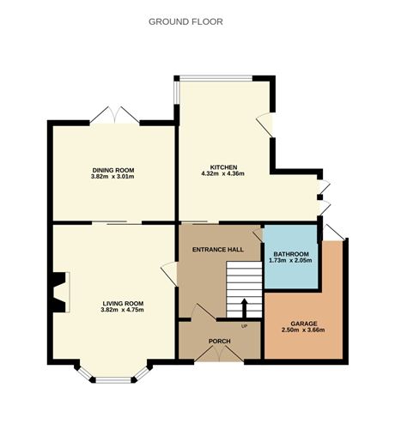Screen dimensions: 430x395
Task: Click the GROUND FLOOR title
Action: pyautogui.click(x=185, y=21)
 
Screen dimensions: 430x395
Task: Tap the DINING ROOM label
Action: pyautogui.click(x=112, y=170)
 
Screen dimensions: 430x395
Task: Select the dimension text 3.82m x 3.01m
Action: pyautogui.click(x=112, y=178)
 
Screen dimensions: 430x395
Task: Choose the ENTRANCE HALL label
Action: pyautogui.click(x=218, y=249)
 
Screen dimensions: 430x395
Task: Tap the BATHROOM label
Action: pyautogui.click(x=291, y=255)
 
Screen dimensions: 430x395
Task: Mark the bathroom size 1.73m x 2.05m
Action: pyautogui.click(x=291, y=263)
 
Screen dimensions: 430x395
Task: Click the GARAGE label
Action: pyautogui.click(x=303, y=324)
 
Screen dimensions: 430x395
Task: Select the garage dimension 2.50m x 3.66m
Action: pyautogui.click(x=303, y=331)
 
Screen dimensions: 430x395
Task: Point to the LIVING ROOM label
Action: pyautogui.click(x=123, y=303)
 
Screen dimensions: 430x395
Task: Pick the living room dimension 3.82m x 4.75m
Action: pyautogui.click(x=123, y=311)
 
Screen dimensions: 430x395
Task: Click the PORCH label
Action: pyautogui.click(x=219, y=341)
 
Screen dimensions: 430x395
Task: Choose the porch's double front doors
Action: pyautogui.click(x=219, y=355)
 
